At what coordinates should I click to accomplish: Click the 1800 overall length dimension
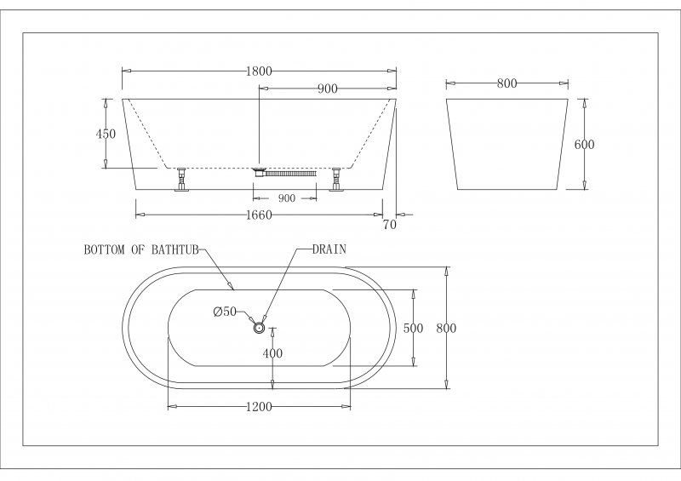click(x=259, y=71)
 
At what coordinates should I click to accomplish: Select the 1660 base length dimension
click(x=259, y=215)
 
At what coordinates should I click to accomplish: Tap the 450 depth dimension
click(x=106, y=134)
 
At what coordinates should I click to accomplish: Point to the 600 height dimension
click(x=584, y=144)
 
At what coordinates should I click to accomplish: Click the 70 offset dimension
click(x=390, y=225)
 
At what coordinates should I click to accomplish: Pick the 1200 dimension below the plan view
click(x=259, y=407)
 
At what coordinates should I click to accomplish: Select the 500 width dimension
click(x=413, y=328)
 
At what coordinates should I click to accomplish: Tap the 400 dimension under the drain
click(x=272, y=353)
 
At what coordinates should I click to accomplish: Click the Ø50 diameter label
click(x=225, y=312)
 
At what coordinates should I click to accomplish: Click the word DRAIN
click(x=329, y=249)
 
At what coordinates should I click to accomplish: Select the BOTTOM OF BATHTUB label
click(x=141, y=249)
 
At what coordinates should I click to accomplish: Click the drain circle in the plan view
click(x=260, y=327)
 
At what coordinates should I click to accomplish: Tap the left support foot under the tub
click(x=181, y=179)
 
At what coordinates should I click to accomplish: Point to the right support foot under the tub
click(x=335, y=179)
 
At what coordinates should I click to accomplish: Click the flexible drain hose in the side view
click(x=290, y=174)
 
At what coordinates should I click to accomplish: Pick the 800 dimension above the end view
click(x=506, y=83)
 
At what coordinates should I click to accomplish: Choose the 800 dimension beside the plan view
click(x=446, y=328)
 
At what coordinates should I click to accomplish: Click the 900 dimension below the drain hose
click(x=286, y=198)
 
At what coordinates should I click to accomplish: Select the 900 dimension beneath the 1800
click(x=328, y=89)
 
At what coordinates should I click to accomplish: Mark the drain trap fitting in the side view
click(x=259, y=171)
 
